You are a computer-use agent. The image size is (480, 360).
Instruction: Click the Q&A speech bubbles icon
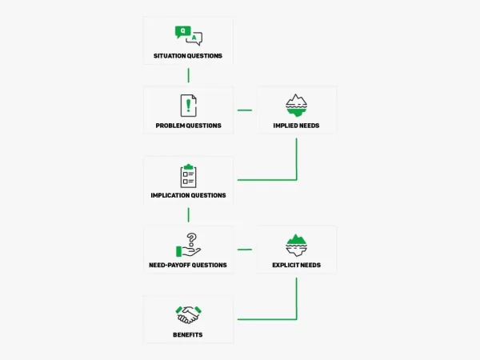(189, 36)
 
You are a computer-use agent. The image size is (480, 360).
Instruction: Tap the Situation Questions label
(188, 56)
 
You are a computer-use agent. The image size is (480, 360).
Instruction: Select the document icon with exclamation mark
(189, 106)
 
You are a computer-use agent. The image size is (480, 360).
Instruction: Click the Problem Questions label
(188, 126)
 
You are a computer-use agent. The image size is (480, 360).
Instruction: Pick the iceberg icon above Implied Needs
(296, 106)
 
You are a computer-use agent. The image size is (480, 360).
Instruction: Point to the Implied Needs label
(296, 126)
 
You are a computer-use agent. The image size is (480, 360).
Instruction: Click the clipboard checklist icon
(189, 176)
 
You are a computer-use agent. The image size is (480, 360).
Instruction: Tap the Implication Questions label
(188, 195)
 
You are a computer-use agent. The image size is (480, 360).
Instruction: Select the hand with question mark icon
(189, 246)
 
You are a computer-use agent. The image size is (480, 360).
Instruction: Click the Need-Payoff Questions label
(188, 265)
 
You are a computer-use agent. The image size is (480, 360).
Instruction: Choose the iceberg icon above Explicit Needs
(296, 246)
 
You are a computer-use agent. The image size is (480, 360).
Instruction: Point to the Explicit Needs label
(296, 265)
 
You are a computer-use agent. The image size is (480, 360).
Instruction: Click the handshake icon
(189, 314)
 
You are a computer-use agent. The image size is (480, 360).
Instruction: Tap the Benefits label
(188, 335)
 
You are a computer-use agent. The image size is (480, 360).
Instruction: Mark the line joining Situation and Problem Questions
(189, 75)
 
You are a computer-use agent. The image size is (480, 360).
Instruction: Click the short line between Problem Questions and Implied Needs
(245, 110)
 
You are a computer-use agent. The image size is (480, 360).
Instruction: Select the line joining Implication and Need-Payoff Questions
(189, 215)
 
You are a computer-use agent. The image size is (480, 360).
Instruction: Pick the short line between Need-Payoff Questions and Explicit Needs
(245, 250)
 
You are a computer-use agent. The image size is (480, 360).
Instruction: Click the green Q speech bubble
(182, 32)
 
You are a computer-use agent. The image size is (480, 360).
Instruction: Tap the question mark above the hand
(192, 239)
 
